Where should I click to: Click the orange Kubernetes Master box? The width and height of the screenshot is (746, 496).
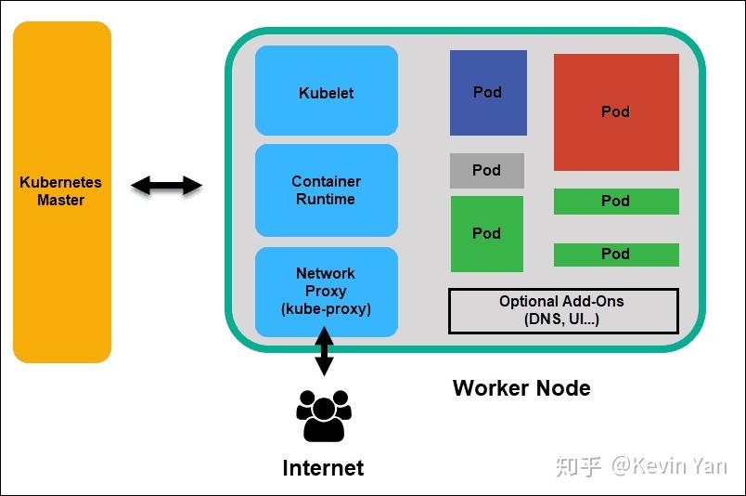[x=61, y=191]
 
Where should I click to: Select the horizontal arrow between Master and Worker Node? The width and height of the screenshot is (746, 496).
[x=166, y=186]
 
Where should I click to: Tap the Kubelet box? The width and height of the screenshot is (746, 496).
[x=327, y=91]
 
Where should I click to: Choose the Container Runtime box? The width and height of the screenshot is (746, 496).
[x=327, y=190]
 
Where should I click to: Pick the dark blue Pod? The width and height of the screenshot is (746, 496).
[x=488, y=92]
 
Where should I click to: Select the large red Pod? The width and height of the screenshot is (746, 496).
[x=616, y=111]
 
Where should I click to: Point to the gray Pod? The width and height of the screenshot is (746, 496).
[x=487, y=171]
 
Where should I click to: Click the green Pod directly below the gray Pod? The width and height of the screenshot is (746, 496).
[x=487, y=234]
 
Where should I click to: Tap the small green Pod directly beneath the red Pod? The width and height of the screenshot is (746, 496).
[x=616, y=201]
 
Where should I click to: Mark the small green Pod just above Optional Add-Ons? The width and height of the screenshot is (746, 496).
[x=616, y=255]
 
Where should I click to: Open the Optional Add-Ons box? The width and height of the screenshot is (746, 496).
[x=563, y=310]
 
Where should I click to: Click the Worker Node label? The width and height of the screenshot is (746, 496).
[x=521, y=387]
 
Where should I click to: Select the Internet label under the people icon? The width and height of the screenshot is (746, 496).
[x=323, y=467]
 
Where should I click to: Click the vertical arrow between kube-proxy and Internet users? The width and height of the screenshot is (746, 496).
[x=324, y=353]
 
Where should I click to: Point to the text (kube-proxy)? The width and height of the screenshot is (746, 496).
[x=326, y=308]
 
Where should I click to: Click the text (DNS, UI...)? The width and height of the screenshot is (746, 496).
[x=562, y=320]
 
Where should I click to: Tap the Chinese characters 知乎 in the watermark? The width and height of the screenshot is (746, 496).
[x=579, y=465]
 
